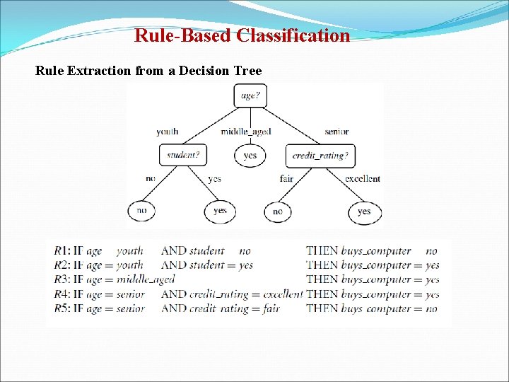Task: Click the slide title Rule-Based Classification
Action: point(242,35)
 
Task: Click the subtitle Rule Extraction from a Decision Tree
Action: point(148,71)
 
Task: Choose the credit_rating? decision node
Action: point(320,156)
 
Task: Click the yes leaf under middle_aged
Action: point(250,155)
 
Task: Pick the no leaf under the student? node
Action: point(142,211)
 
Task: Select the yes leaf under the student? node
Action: point(220,211)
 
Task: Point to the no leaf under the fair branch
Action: point(278,211)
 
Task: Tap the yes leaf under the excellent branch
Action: point(364,211)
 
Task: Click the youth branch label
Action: point(167,132)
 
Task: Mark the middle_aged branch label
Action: point(245,132)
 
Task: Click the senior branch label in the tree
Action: point(337,132)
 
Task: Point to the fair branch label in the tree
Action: point(286,179)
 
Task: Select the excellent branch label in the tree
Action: point(363,179)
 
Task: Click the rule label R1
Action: point(62,250)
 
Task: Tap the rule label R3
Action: point(62,279)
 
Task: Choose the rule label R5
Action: point(62,308)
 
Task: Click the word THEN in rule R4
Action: point(322,294)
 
